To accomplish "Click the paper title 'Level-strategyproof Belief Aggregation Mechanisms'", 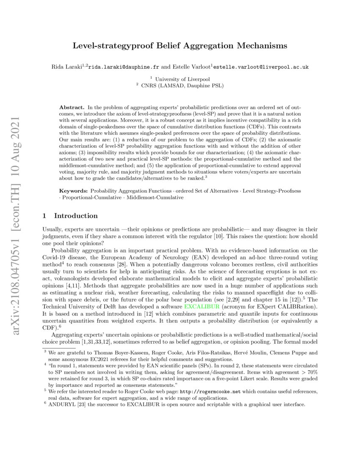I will coord(180,45).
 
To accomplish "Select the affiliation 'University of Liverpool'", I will coord(182,79).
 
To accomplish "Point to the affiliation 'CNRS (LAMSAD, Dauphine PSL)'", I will coord(182,86).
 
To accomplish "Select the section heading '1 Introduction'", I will coord(70,216).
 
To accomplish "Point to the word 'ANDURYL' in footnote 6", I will coord(62,405).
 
